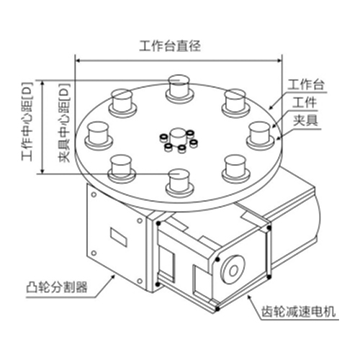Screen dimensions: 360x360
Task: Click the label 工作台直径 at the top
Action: click(x=170, y=46)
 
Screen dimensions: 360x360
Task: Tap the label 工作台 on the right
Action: click(x=306, y=84)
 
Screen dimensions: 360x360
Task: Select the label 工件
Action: click(x=305, y=102)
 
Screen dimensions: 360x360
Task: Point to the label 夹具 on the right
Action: click(x=305, y=120)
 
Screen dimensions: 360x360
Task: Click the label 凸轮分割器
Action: click(x=57, y=287)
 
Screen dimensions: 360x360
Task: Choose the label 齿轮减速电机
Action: click(x=299, y=312)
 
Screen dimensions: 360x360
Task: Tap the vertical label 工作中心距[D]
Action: click(x=27, y=122)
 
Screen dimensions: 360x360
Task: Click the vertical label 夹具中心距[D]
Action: click(x=64, y=123)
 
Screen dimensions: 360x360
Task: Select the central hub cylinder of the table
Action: click(x=178, y=135)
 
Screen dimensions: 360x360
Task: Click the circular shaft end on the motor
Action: click(x=233, y=271)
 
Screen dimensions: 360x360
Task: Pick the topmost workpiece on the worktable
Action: click(x=179, y=88)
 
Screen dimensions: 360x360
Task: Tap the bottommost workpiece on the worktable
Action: click(x=179, y=182)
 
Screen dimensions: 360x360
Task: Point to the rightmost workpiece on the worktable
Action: click(x=261, y=135)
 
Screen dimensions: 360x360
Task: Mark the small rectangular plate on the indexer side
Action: click(x=119, y=237)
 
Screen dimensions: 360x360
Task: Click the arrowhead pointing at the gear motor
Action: click(x=250, y=297)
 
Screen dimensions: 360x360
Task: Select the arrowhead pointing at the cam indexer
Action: click(x=113, y=277)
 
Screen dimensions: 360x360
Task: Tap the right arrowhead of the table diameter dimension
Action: click(x=279, y=60)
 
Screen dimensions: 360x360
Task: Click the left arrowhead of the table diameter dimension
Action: click(x=78, y=60)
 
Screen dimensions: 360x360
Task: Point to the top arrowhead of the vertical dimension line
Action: click(x=42, y=83)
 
